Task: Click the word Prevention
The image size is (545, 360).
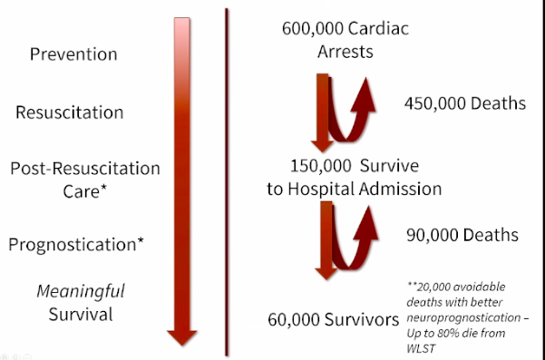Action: tap(73, 54)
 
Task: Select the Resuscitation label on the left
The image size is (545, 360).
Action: tap(69, 112)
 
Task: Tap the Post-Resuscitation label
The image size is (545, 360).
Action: tap(85, 169)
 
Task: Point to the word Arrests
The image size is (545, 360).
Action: tap(345, 51)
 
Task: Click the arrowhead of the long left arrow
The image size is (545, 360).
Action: tap(182, 336)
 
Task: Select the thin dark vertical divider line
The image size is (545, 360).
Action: tap(225, 181)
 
